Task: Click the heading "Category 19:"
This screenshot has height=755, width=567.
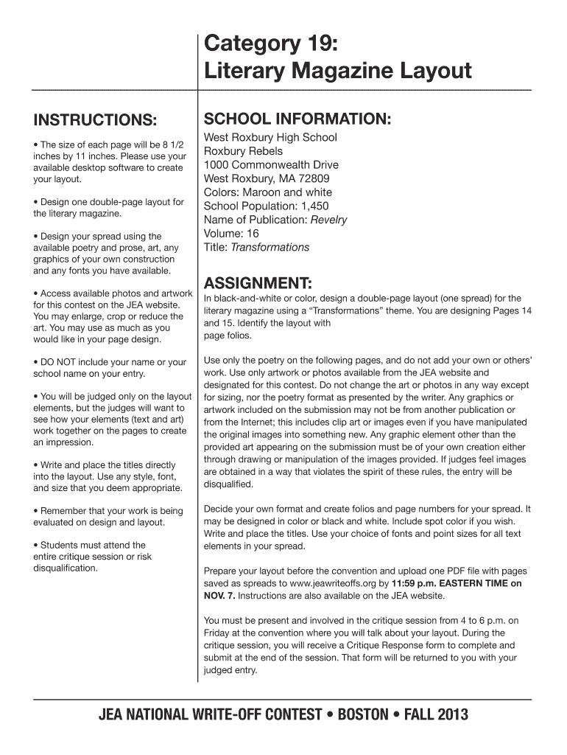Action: coord(271,45)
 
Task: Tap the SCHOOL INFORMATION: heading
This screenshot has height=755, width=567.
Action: coord(297,119)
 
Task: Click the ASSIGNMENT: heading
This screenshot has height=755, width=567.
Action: coord(256,284)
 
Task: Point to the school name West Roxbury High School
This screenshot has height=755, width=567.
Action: coord(270,137)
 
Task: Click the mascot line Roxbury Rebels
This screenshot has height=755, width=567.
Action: coord(243,151)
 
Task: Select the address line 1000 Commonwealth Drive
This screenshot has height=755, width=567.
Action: coord(271,164)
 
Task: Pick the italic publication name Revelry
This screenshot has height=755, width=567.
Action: coord(328,220)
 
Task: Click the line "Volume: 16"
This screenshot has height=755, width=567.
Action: coord(231,234)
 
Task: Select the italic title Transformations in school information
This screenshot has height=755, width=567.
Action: coord(270,248)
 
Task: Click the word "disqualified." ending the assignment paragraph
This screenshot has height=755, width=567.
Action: coord(228,484)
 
